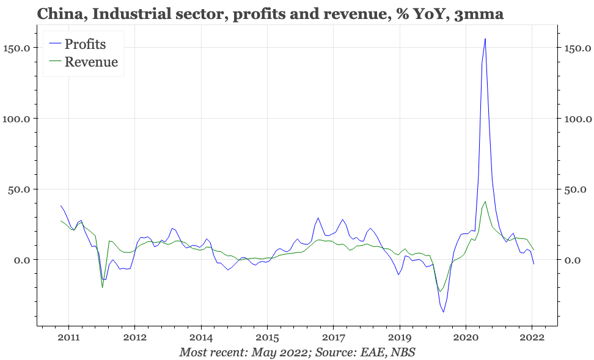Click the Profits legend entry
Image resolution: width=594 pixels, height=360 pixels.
coord(78,44)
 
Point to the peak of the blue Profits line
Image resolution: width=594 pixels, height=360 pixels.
coord(485,39)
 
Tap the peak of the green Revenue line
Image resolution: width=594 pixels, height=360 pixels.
coord(485,202)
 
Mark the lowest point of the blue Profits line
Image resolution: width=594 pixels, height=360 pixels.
coord(443,312)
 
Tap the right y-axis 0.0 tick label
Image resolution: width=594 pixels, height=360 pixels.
coord(573,260)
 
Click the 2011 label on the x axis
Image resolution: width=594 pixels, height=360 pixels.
coord(68,337)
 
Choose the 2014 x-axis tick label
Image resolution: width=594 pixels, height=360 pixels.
coord(201,337)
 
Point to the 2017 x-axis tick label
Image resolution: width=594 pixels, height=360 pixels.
coord(334,337)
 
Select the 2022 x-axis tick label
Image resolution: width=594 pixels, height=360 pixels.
coord(532,337)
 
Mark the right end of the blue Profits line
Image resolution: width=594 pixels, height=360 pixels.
coord(533,264)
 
